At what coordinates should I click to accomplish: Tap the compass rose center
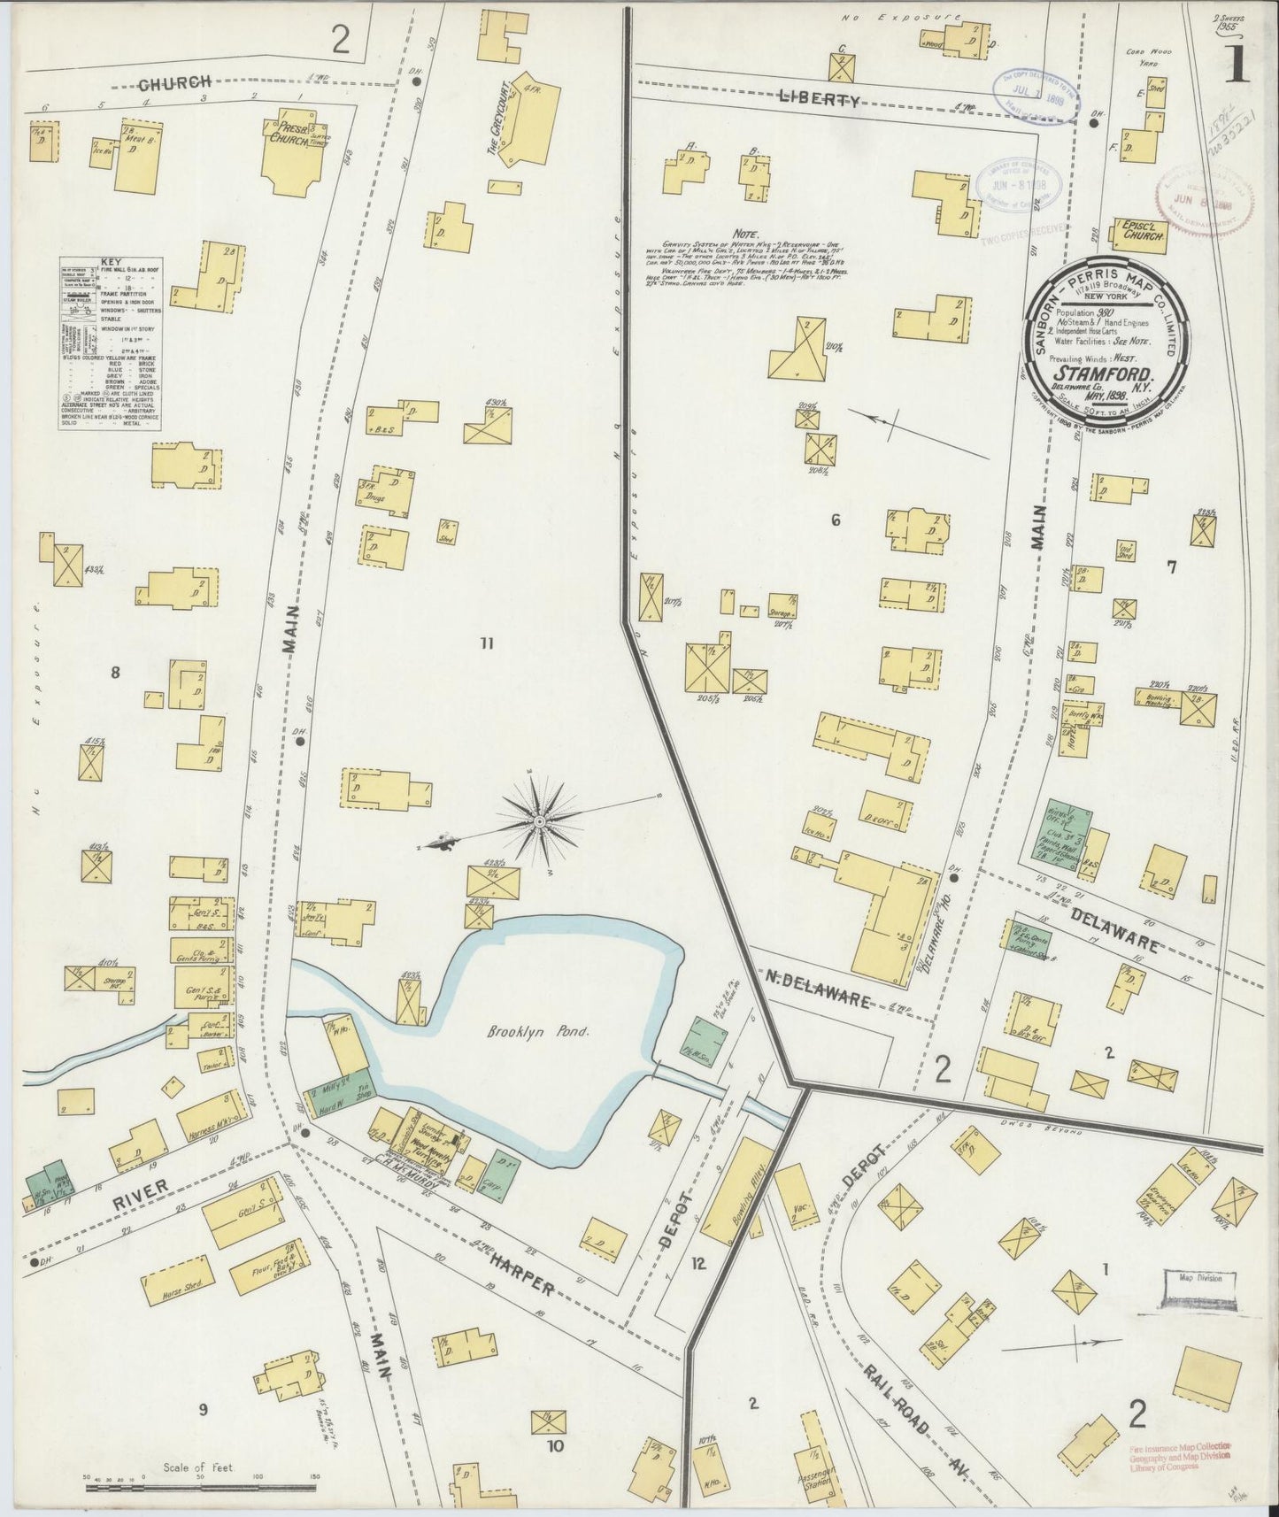click(538, 822)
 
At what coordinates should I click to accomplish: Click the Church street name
click(174, 85)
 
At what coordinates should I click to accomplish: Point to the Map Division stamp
click(1198, 1277)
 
